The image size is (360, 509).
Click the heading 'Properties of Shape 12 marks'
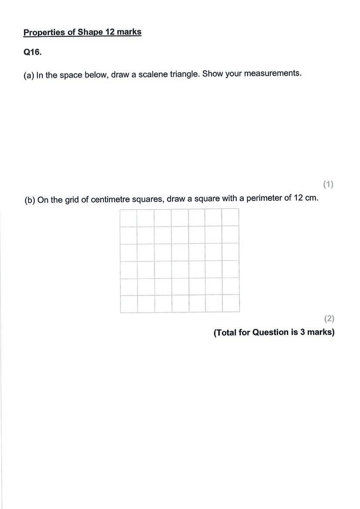click(82, 32)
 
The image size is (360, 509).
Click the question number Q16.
click(33, 52)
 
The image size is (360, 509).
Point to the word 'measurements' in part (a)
click(272, 73)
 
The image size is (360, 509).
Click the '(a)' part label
click(29, 75)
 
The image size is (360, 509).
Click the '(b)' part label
click(30, 200)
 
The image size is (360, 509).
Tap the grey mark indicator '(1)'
click(328, 184)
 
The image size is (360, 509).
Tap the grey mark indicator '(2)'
click(329, 318)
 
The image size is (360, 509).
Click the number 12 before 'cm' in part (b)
click(298, 198)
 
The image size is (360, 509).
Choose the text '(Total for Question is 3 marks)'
click(274, 332)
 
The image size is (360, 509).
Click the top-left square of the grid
click(128, 218)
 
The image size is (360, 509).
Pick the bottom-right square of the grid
click(231, 304)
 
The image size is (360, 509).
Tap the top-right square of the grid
click(230, 217)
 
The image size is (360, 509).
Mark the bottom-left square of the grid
click(129, 304)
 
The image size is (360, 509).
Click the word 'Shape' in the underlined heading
click(90, 32)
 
